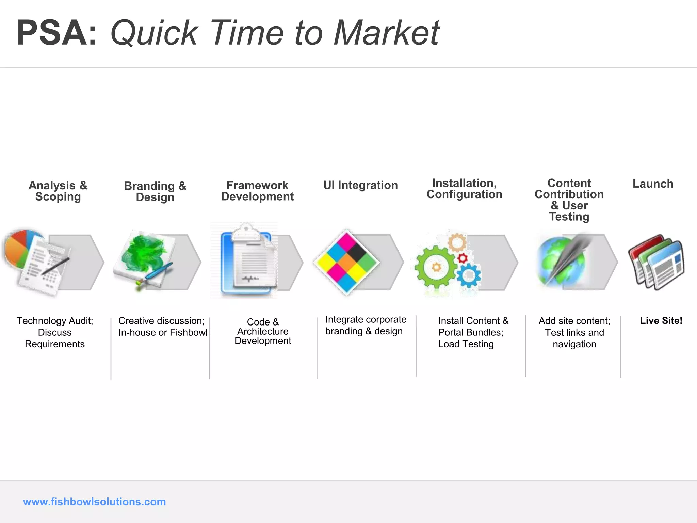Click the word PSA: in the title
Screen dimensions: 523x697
(x=56, y=33)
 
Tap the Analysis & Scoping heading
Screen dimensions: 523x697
(x=58, y=191)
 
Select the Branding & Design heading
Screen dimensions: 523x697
(x=155, y=191)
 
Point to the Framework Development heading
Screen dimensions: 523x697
(x=257, y=191)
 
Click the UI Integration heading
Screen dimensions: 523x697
(x=360, y=185)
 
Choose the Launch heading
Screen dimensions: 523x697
(x=653, y=184)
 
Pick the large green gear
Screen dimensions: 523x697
(x=436, y=267)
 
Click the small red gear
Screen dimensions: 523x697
(x=463, y=258)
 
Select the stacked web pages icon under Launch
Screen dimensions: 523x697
(x=656, y=262)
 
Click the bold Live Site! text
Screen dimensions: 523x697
(x=661, y=320)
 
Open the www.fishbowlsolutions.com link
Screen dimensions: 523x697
(x=94, y=502)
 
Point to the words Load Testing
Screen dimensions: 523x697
(x=466, y=344)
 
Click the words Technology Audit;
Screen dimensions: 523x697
(x=54, y=321)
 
